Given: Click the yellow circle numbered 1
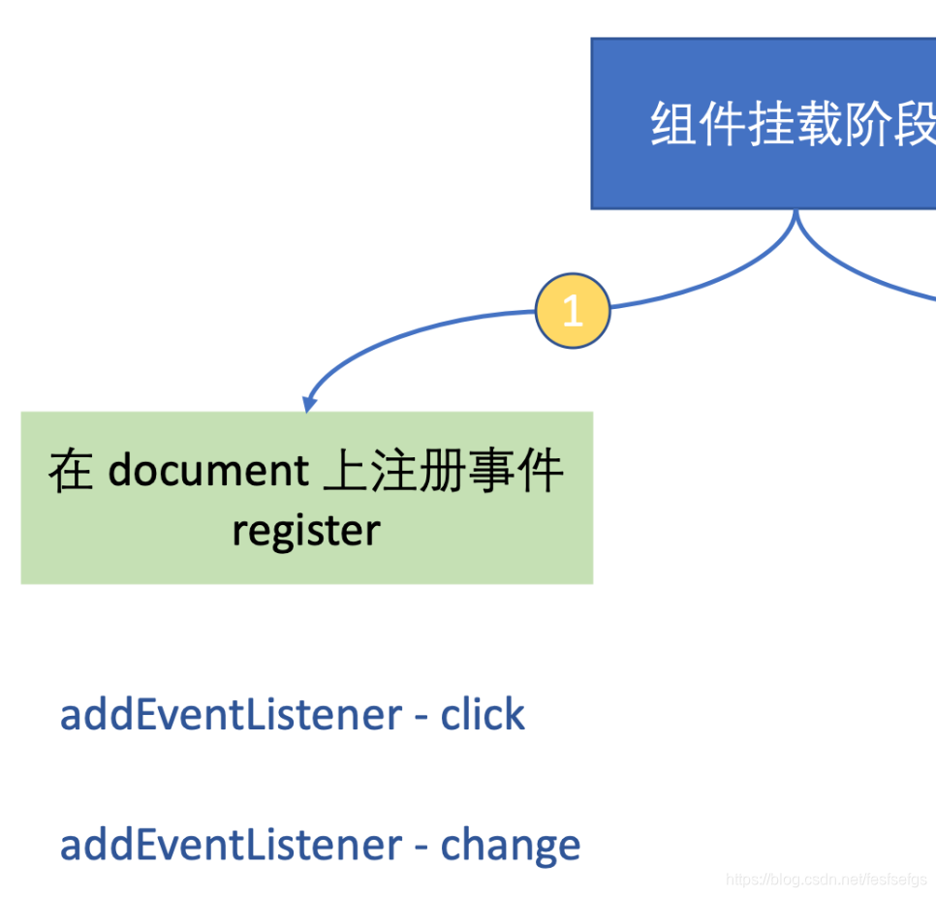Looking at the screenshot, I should point(573,311).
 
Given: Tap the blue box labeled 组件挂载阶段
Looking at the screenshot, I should point(764,123).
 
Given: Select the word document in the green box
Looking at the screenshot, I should point(207,471).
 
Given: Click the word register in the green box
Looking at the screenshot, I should point(306,531).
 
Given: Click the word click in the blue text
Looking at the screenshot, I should point(483,715).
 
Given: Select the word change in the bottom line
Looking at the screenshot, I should point(511,845).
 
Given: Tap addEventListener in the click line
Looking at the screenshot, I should point(231,715).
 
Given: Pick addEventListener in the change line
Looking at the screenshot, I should point(231,845).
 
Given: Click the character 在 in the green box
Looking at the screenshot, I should point(71,471).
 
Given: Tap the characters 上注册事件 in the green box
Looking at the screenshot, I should point(443,471).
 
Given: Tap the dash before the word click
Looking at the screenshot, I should point(421,718).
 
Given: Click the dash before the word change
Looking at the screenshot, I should point(421,848).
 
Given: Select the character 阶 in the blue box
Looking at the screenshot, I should point(868,125).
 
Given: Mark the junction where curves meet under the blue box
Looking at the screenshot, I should point(796,215).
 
